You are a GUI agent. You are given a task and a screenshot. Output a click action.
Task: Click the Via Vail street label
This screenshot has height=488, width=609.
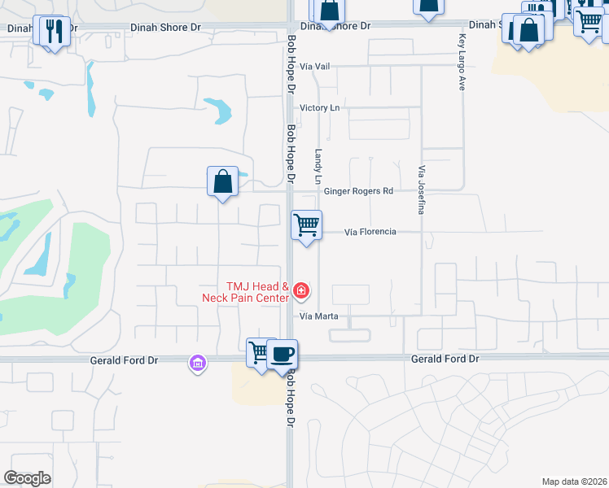tap(318, 66)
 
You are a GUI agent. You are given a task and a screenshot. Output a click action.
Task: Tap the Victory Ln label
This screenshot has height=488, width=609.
tap(319, 107)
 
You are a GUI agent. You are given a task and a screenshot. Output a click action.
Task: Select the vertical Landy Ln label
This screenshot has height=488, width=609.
tap(318, 166)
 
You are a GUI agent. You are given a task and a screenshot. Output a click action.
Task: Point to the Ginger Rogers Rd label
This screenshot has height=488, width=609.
tap(359, 191)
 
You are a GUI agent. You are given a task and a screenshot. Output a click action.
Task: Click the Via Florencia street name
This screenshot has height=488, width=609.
tap(370, 232)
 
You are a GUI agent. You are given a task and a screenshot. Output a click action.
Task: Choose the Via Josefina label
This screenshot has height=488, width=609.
tap(422, 189)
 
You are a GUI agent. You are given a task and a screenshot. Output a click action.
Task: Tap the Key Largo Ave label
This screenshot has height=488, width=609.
tap(461, 62)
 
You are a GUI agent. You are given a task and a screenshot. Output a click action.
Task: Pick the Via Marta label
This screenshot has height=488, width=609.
tap(318, 316)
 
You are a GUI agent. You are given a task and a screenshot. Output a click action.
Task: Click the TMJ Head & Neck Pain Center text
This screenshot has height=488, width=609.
tap(246, 292)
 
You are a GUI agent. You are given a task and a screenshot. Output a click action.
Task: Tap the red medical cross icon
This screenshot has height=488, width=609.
tap(301, 290)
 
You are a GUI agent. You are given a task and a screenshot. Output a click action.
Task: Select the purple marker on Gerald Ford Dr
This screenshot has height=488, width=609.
tap(197, 362)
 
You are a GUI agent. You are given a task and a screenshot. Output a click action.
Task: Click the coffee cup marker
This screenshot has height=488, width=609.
tap(283, 355)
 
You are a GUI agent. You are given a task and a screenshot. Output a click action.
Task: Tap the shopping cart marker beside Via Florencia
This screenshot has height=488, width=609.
tap(306, 224)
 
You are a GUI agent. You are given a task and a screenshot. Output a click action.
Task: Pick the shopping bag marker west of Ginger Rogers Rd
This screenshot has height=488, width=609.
tap(222, 181)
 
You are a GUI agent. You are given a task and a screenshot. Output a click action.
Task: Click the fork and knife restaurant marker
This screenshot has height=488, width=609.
tap(55, 32)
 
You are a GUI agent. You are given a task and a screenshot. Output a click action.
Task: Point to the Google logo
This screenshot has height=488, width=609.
tap(27, 478)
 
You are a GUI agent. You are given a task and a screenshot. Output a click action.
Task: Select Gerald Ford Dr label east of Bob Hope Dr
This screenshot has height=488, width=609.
tap(445, 359)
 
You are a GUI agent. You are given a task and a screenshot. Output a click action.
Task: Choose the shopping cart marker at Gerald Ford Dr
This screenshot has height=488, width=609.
tap(259, 353)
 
